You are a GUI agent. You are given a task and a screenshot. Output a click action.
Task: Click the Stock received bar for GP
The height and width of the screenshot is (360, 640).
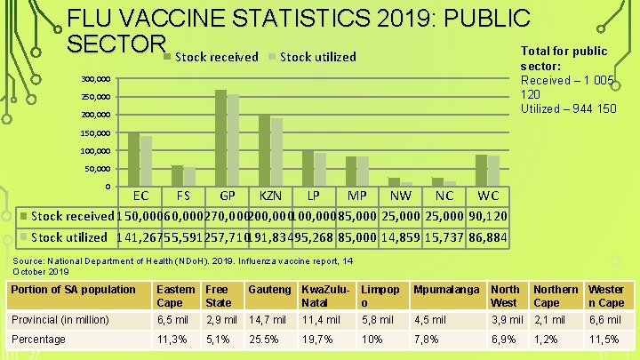click(x=220, y=138)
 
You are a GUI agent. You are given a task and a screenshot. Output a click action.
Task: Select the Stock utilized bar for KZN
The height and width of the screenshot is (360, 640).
click(x=276, y=152)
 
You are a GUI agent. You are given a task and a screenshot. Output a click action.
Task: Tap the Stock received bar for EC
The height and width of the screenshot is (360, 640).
click(x=133, y=159)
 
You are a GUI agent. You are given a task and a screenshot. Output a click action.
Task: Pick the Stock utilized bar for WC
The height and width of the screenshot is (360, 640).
click(x=493, y=171)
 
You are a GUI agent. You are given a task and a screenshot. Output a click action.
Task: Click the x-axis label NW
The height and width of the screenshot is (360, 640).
click(x=401, y=196)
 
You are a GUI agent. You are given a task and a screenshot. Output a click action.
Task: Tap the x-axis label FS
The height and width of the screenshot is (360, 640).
click(x=183, y=196)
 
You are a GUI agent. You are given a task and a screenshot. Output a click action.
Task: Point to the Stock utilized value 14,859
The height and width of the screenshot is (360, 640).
click(x=402, y=237)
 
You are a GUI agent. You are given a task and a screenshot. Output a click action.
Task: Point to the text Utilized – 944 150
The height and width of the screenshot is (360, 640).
click(x=570, y=108)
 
